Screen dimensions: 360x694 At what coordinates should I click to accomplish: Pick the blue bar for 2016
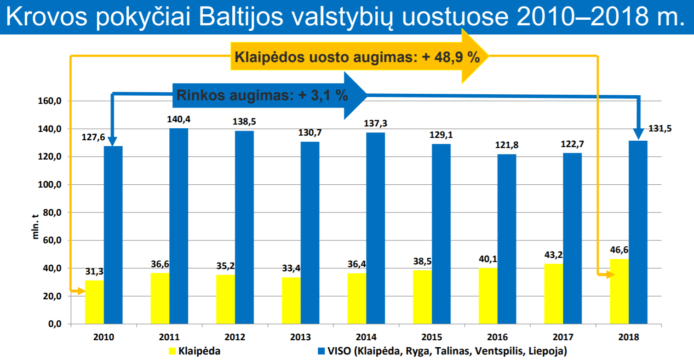507,239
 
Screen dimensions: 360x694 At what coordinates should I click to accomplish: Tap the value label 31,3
95,271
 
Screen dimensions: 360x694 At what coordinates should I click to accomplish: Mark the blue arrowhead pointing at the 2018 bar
638,134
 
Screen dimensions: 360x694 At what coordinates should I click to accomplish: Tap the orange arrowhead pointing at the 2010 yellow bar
81,291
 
